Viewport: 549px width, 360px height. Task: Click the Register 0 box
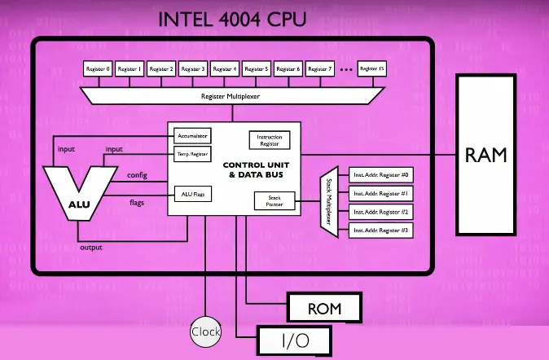(98, 69)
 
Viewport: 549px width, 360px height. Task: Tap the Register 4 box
(225, 69)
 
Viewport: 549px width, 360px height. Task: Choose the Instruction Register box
(270, 140)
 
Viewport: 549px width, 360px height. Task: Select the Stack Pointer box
(269, 200)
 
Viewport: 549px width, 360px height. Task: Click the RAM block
(485, 154)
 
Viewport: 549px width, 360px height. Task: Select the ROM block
(323, 308)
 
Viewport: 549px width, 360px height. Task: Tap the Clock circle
(205, 332)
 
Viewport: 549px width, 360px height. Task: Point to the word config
(137, 175)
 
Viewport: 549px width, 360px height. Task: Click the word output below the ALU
(90, 247)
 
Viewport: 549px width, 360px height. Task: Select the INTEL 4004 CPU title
(232, 18)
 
